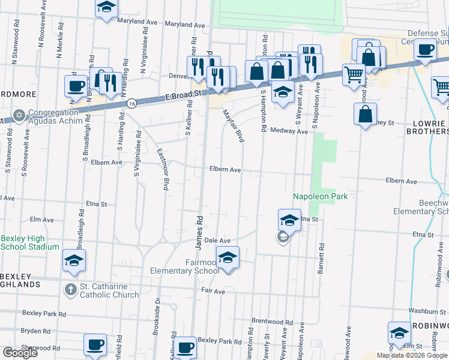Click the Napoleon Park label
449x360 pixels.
click(x=321, y=196)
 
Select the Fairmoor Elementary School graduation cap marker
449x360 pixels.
click(x=228, y=259)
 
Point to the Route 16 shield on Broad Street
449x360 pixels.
click(x=131, y=104)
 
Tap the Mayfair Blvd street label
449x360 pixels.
click(x=234, y=125)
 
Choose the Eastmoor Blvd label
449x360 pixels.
click(x=161, y=170)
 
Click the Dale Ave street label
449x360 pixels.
click(x=217, y=240)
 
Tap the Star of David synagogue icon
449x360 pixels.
click(x=19, y=115)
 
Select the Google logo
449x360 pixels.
click(x=20, y=353)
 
